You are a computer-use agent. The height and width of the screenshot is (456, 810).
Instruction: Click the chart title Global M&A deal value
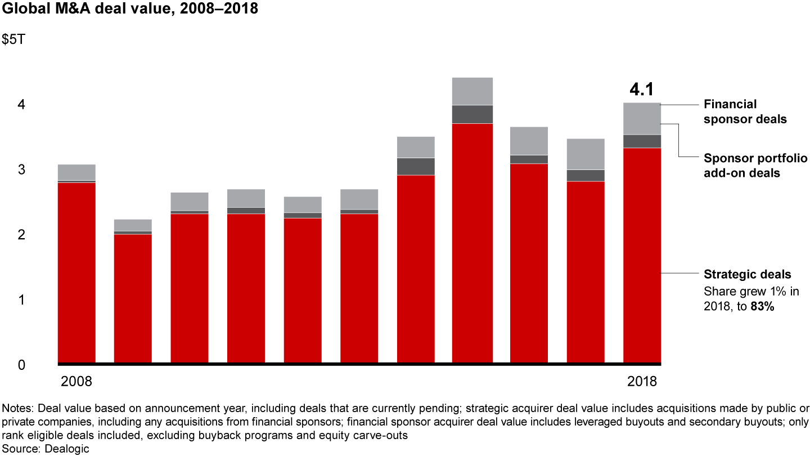click(x=130, y=10)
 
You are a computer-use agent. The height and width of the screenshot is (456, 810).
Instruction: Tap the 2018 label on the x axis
click(x=642, y=381)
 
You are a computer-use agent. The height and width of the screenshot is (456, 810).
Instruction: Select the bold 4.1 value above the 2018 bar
click(x=642, y=90)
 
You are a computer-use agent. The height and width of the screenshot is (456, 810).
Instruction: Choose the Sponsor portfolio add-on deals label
click(x=755, y=166)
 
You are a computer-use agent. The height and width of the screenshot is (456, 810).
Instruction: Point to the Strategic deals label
click(x=748, y=275)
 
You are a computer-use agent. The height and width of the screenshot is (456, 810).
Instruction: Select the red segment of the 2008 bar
click(x=76, y=273)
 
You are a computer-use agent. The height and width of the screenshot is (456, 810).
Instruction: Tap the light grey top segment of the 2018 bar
click(x=642, y=119)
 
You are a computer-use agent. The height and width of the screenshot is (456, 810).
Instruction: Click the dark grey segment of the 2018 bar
click(x=642, y=141)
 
